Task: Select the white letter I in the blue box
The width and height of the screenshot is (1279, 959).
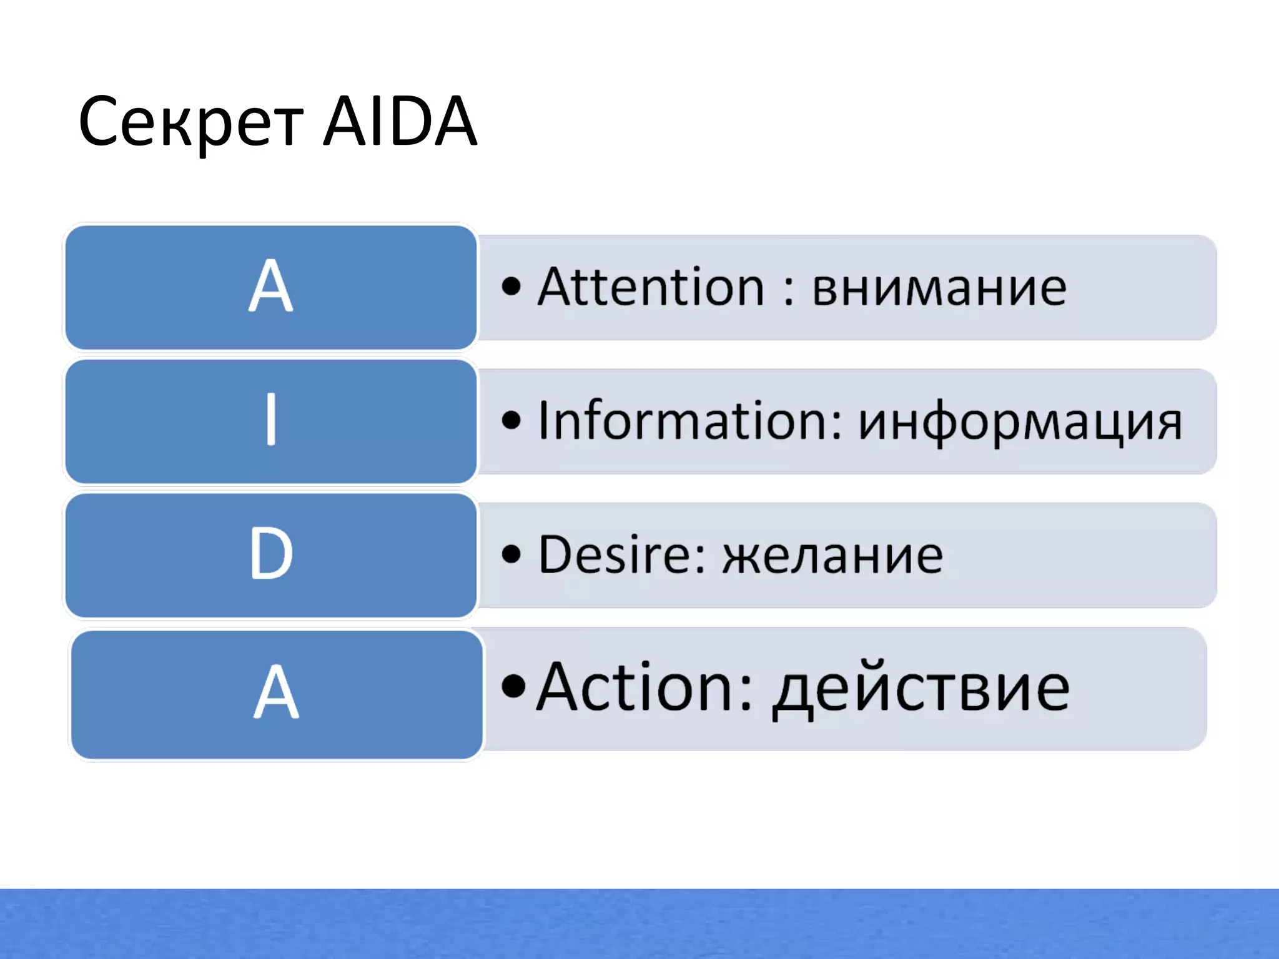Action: (x=271, y=419)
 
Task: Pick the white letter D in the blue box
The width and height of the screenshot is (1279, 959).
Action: (x=271, y=553)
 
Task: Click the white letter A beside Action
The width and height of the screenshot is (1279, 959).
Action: (x=276, y=692)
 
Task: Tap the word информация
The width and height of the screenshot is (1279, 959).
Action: (x=1020, y=423)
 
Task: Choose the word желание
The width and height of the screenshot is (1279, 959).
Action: (x=832, y=556)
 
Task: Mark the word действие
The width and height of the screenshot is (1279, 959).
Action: (x=921, y=691)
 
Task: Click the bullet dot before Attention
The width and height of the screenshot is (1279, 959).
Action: (x=511, y=287)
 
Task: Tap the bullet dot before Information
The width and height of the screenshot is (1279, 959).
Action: (x=511, y=420)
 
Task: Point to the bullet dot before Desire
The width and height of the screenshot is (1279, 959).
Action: (x=511, y=554)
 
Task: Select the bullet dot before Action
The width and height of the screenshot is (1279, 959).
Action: (x=513, y=686)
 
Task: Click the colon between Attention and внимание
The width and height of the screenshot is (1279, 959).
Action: (x=789, y=291)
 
